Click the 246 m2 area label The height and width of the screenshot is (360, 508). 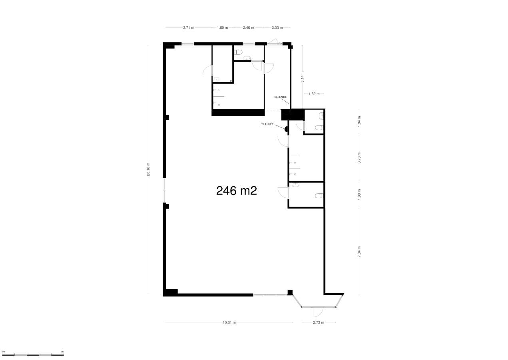[x=236, y=191]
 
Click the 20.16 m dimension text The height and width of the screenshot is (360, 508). [x=148, y=169]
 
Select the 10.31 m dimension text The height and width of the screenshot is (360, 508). [x=229, y=322]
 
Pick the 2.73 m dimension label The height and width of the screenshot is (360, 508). [x=318, y=322]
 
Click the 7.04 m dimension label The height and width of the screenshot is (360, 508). [x=359, y=251]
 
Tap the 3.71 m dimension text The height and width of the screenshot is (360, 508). [x=189, y=28]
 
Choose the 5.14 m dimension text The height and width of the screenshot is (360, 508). [x=303, y=77]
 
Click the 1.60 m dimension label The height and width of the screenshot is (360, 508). [x=222, y=28]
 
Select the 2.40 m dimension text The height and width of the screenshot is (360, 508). [x=249, y=28]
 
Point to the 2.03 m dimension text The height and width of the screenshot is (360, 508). [x=277, y=28]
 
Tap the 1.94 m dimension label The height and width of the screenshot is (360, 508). [x=359, y=120]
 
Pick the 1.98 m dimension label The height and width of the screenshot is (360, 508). [x=359, y=194]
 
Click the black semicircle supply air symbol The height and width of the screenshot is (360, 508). [x=287, y=129]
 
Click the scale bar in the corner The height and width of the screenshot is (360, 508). [x=32, y=354]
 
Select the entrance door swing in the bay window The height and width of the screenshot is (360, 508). [x=318, y=312]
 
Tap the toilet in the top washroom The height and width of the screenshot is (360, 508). [x=239, y=52]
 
